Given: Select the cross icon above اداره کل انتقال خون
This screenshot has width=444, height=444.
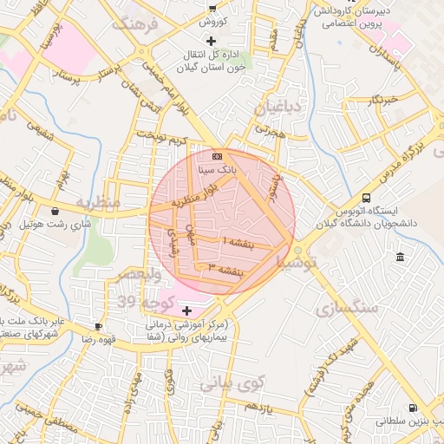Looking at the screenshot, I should tap(211, 41).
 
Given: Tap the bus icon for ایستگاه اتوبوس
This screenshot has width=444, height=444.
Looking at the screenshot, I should tap(366, 198).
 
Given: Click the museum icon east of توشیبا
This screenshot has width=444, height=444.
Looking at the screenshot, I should tap(399, 257).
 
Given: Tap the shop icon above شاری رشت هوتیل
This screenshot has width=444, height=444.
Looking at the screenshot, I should tap(55, 211).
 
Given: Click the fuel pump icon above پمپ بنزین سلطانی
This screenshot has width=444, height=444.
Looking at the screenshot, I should tap(412, 408).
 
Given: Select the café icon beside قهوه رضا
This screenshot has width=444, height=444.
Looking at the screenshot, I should tap(98, 327).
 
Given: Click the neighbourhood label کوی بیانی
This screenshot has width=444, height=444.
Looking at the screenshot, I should tap(232, 382).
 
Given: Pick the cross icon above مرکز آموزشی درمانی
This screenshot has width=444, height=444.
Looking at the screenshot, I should tap(187, 309).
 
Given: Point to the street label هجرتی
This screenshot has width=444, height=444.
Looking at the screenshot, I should tap(270, 131).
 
